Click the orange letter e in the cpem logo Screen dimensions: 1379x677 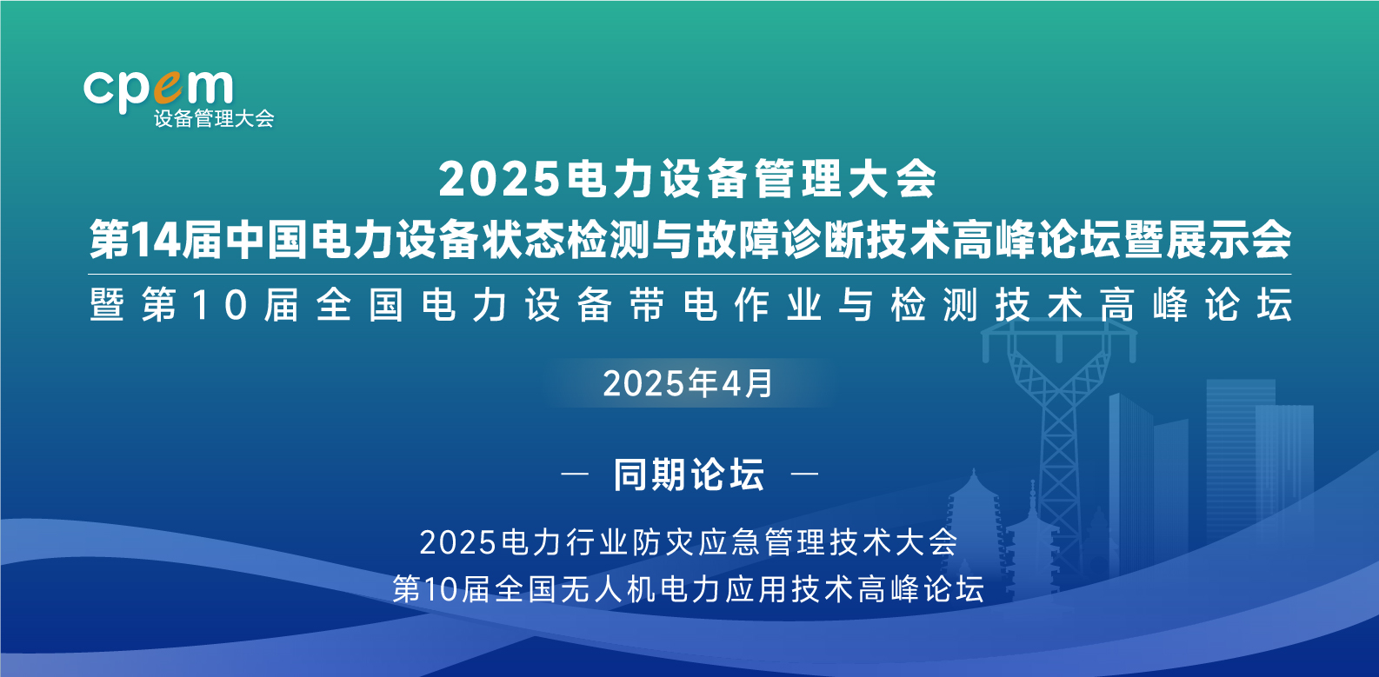(x=168, y=88)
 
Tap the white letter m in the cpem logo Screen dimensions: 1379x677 (x=210, y=87)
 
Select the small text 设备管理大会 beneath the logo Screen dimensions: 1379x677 (x=214, y=119)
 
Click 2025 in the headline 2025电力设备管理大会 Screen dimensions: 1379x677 (x=499, y=180)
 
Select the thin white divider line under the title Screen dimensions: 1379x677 (x=689, y=274)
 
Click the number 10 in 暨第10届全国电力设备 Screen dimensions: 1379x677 (x=220, y=305)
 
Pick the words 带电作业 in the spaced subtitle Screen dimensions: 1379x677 (x=726, y=305)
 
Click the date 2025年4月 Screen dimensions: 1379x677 (x=688, y=383)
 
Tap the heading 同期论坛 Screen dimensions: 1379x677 (x=689, y=475)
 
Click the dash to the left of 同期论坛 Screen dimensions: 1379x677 (x=575, y=474)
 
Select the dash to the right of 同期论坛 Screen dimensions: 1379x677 (x=804, y=474)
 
